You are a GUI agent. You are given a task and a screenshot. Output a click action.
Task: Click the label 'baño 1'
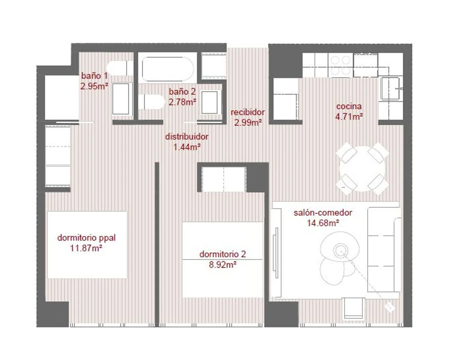point(95,76)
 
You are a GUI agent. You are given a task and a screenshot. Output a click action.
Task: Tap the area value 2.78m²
point(182,102)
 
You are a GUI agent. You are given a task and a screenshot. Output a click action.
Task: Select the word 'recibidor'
point(248,112)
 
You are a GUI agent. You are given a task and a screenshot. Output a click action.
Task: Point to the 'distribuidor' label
point(187,136)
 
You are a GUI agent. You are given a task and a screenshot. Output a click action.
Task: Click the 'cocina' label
point(349,106)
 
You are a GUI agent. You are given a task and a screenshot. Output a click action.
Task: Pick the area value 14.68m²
point(323,223)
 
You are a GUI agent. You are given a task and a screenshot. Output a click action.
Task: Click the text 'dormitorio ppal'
point(86,238)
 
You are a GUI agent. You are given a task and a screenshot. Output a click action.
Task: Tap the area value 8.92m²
point(223,265)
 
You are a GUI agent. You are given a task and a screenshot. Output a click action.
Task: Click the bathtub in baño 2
point(168,69)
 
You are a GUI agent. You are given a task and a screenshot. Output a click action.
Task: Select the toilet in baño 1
point(119,68)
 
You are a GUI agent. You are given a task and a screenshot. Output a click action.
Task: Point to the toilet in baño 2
point(152,102)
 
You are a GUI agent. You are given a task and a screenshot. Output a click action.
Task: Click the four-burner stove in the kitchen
point(340,65)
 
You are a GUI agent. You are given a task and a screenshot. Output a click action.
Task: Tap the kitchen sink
point(390,88)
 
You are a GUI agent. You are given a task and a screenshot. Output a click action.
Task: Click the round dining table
point(362,169)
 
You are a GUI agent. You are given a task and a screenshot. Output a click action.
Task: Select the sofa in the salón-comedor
point(384,250)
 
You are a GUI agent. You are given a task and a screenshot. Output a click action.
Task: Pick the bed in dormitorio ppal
point(87,245)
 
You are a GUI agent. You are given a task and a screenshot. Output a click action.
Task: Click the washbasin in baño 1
point(121,99)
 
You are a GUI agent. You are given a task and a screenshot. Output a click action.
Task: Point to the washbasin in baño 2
point(209,102)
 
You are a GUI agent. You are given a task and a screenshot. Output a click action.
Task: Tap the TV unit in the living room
point(276,253)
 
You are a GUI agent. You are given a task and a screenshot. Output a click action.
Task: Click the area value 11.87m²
point(86,248)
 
